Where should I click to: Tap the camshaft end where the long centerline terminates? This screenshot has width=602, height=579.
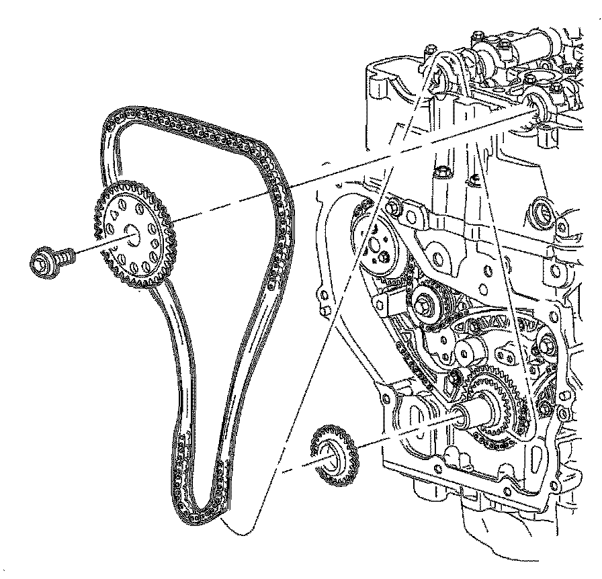(x=537, y=107)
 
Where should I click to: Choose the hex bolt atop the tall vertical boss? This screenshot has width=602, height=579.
(x=442, y=173)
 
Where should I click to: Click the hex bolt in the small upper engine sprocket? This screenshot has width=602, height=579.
(x=426, y=306)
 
